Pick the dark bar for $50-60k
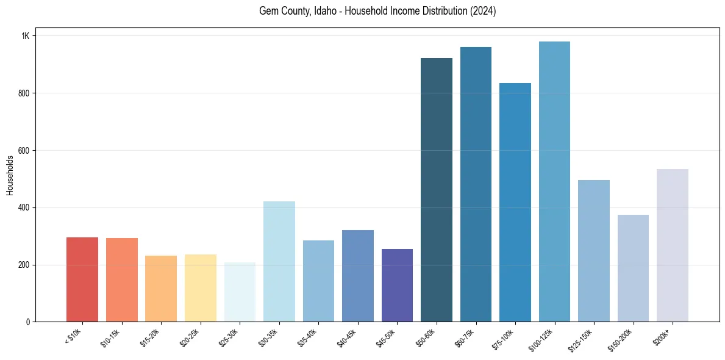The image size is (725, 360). [x=437, y=190]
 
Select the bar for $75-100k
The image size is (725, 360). [x=515, y=202]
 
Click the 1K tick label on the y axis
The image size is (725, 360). [x=26, y=36]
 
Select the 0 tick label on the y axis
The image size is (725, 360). [x=27, y=322]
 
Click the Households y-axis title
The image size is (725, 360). [x=10, y=175]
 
